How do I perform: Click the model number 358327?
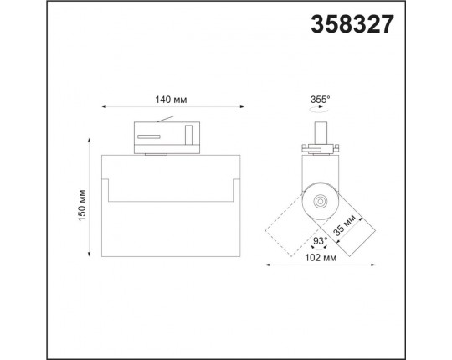352,24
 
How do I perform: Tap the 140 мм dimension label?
171,100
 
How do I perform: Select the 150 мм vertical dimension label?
82,205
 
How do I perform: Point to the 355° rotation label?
320,100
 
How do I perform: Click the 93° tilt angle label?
321,240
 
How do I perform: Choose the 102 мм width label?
321,258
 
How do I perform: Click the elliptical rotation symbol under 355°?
318,110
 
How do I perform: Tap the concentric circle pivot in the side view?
320,201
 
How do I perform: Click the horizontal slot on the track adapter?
149,136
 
